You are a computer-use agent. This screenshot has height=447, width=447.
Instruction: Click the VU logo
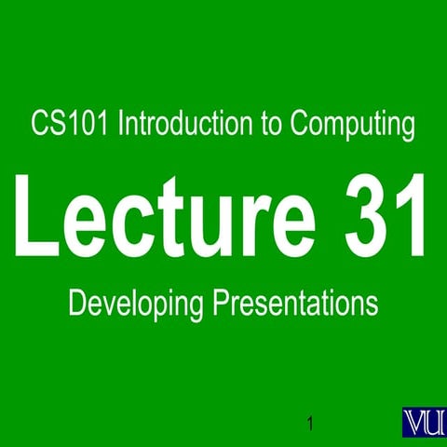click(x=424, y=420)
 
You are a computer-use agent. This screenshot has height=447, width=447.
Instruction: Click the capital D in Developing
click(x=77, y=303)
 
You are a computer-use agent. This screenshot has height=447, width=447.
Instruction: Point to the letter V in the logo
click(x=414, y=420)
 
